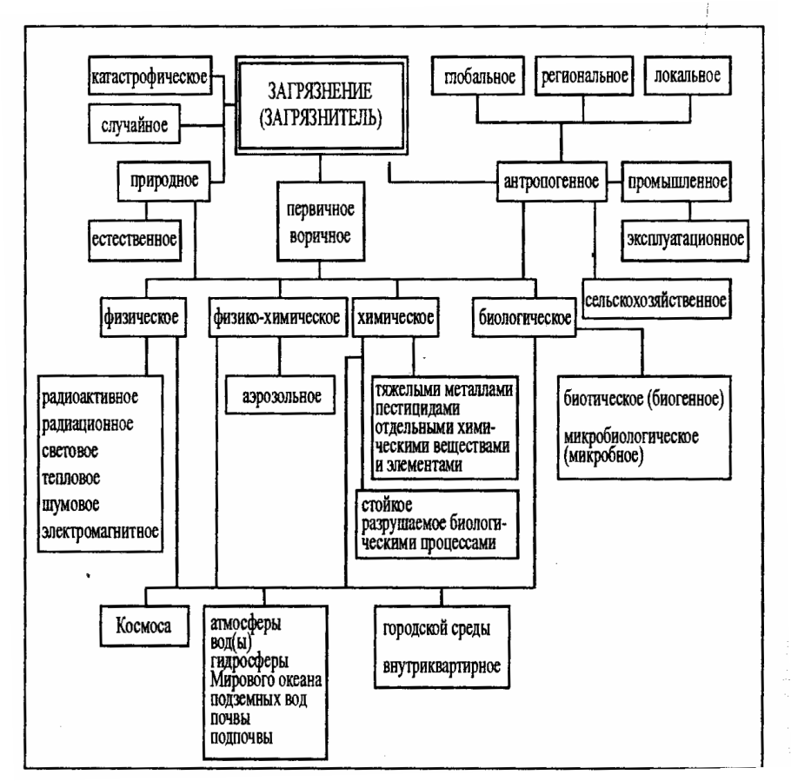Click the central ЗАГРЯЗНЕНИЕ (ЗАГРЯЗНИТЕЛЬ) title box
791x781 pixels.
(x=319, y=103)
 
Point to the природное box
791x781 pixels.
(x=161, y=183)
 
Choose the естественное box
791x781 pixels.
(x=136, y=235)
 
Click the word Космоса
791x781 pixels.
(x=143, y=626)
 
